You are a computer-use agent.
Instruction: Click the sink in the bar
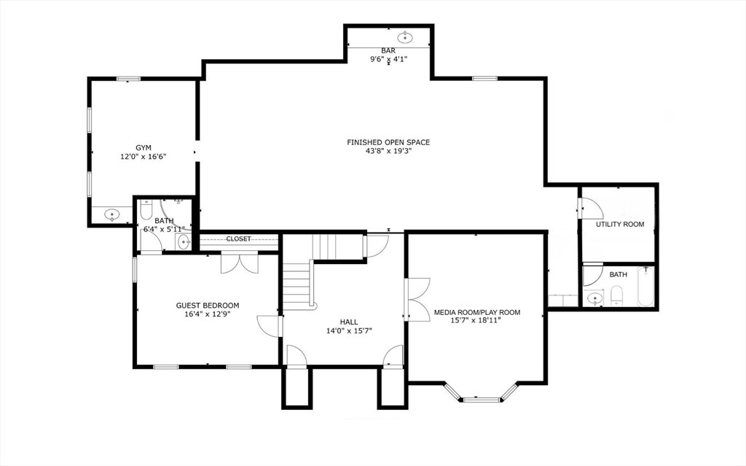coord(405,36)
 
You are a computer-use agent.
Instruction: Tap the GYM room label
coord(144,148)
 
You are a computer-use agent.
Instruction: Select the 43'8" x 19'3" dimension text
coord(388,151)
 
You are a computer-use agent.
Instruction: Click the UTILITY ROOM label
coord(620,224)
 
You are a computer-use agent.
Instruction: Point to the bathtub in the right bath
coord(646,287)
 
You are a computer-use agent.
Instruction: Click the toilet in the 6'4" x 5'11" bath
coord(146,209)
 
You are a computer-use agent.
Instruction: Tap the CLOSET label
coord(238,238)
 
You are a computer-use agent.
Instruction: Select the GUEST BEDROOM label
coord(208,306)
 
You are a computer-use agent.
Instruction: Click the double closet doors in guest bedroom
coord(239,264)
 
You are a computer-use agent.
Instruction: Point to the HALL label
coord(349,322)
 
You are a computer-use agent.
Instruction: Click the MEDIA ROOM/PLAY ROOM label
coord(476,313)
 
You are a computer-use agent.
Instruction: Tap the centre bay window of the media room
coord(482,400)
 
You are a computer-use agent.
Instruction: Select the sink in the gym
coord(112,214)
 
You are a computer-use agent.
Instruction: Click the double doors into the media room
coord(418,299)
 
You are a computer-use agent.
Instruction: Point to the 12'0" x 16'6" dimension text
coord(144,156)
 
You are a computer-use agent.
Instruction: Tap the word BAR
coord(388,50)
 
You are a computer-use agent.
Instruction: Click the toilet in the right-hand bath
coord(616,295)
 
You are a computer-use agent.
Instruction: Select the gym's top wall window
coord(128,79)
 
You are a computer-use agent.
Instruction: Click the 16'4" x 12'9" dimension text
coord(208,314)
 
